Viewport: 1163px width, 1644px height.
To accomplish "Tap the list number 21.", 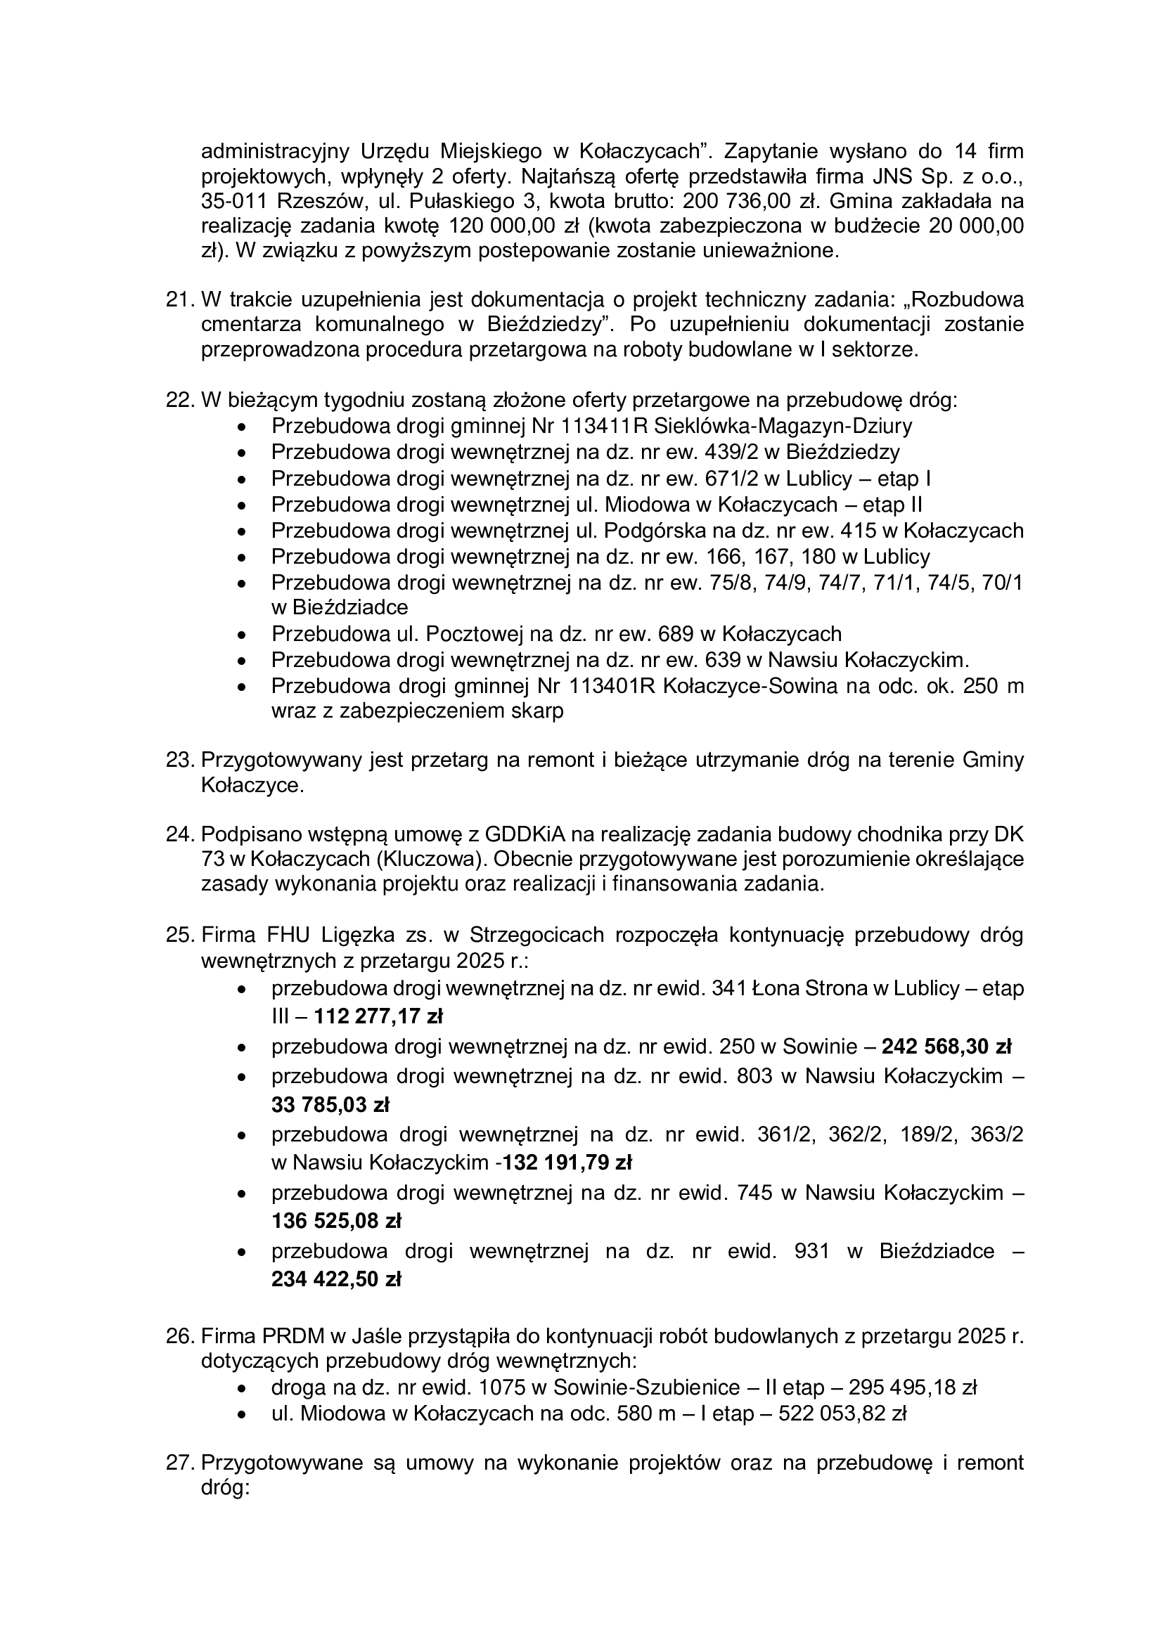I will click(x=181, y=299).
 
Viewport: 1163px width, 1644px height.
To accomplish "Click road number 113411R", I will click(x=608, y=426).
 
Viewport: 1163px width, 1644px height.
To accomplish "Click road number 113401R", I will click(x=613, y=686).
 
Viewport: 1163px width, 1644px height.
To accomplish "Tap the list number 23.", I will click(x=181, y=760).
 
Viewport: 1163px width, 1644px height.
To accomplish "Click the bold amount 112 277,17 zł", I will click(x=379, y=1016).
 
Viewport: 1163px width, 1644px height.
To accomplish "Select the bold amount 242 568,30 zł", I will click(x=946, y=1047).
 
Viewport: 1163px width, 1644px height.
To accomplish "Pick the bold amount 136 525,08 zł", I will click(x=336, y=1220).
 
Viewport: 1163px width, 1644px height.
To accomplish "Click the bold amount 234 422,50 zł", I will click(x=336, y=1279).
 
